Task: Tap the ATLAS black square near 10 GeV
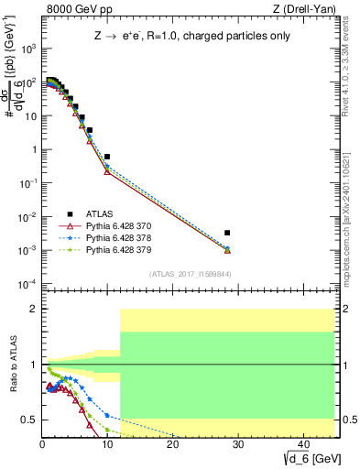[x=107, y=157]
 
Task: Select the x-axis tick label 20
[x=173, y=443]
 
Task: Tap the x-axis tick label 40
[x=302, y=443]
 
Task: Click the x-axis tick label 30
[x=237, y=443]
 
